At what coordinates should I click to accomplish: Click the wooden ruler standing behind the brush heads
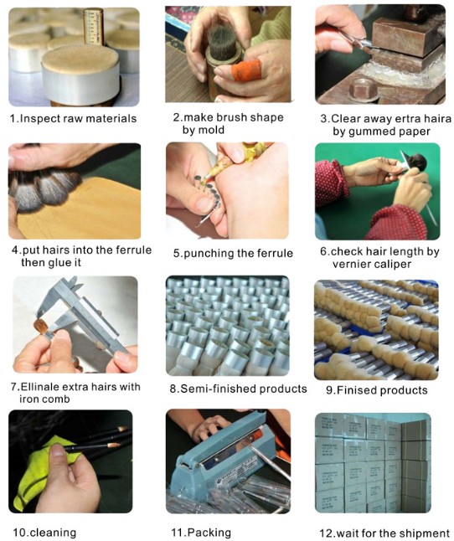point(94,27)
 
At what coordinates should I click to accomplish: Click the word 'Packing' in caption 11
point(209,533)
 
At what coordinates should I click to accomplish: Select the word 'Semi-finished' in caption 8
point(219,389)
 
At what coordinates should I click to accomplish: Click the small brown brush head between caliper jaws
point(41,326)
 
